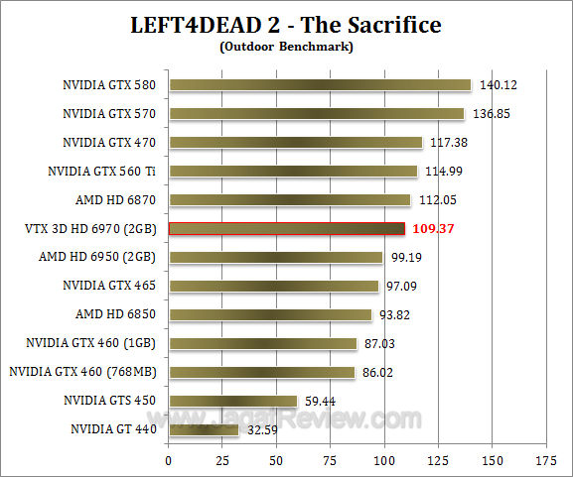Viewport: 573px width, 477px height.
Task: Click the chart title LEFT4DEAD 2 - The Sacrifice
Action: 286,24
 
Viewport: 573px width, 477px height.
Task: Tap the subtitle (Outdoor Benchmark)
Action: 286,46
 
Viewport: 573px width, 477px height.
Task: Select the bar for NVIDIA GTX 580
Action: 319,85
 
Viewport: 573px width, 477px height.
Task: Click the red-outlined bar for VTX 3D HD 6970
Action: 286,229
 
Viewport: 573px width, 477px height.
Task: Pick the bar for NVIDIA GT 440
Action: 204,429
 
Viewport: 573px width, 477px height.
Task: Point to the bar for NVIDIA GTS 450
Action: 232,401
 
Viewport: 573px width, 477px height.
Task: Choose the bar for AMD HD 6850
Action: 269,315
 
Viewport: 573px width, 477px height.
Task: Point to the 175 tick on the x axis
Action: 545,461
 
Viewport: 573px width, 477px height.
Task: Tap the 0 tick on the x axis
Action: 169,461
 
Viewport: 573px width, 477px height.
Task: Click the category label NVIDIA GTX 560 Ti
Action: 101,172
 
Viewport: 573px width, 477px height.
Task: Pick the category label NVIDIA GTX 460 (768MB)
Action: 84,373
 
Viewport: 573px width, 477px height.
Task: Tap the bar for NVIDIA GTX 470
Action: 295,143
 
